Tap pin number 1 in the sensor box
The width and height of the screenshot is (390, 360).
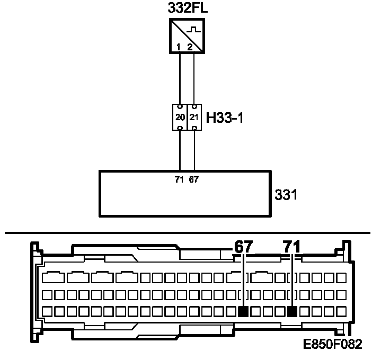179,48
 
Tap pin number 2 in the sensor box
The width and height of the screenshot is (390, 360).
190,48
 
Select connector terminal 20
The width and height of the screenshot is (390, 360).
180,117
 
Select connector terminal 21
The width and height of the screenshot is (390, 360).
194,117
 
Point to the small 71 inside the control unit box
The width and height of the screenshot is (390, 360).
180,179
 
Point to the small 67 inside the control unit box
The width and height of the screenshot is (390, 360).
194,179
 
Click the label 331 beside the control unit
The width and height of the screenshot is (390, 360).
286,195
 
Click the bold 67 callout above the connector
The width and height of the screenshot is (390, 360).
243,247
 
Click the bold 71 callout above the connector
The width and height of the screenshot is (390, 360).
291,247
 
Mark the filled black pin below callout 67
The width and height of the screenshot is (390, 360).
243,311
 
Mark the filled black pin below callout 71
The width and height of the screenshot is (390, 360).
291,311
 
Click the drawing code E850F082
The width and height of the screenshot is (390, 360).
332,345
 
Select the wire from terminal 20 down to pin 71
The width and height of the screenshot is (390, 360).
180,151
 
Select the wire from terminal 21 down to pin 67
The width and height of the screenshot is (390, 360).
194,151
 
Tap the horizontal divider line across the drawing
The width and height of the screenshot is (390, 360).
106,232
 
